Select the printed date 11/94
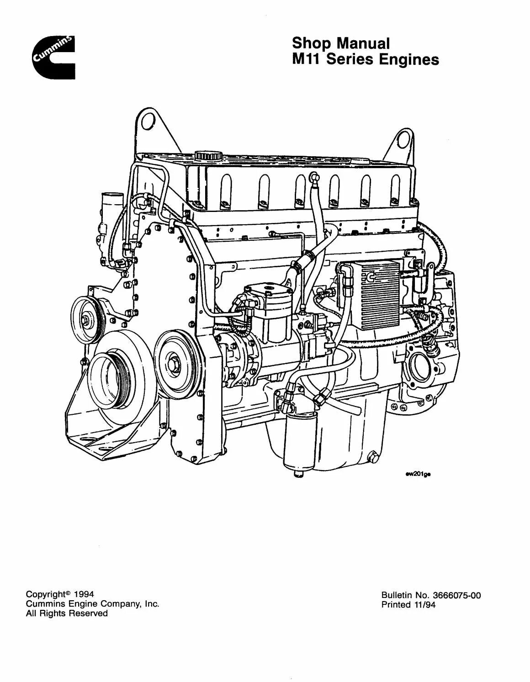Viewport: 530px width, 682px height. pos(423,604)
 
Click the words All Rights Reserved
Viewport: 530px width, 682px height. pos(67,613)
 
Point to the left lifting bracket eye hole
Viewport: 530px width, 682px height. pos(147,121)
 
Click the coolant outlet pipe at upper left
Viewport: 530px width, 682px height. pos(107,202)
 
